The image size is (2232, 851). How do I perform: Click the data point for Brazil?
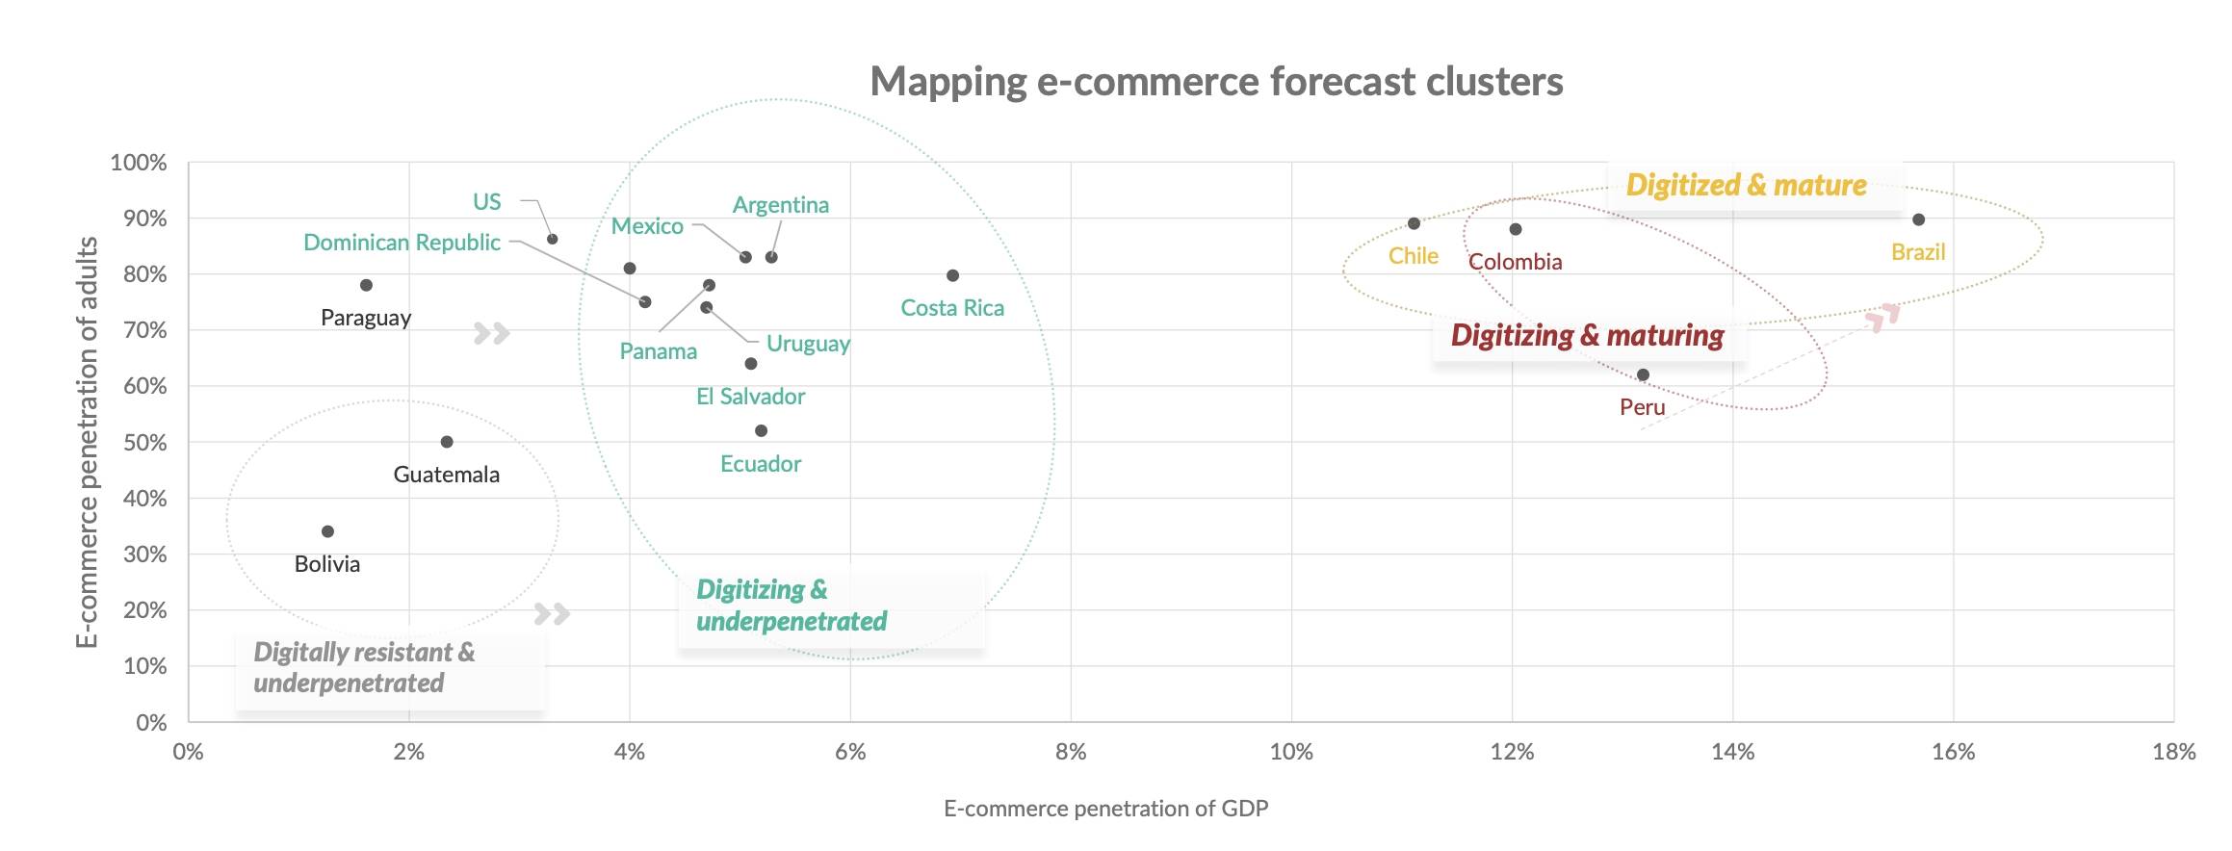point(1918,219)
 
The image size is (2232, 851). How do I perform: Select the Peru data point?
point(1643,374)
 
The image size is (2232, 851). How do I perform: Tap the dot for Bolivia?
point(327,531)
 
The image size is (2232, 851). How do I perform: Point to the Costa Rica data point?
point(952,275)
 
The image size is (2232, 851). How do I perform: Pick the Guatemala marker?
point(447,442)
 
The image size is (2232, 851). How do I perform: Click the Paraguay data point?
point(366,285)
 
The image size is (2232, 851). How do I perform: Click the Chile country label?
point(1413,256)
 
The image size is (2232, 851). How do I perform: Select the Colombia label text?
point(1515,262)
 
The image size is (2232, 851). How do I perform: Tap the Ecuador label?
point(761,464)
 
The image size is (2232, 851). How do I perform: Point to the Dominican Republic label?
point(402,243)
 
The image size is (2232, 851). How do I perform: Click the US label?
point(486,202)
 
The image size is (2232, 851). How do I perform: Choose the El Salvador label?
point(750,397)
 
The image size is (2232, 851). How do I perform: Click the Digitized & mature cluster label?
point(1746,185)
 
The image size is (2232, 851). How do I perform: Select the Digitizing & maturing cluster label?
point(1587,335)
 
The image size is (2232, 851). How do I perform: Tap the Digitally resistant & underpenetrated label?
point(364,667)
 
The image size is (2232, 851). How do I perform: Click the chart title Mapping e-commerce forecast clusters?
point(1216,82)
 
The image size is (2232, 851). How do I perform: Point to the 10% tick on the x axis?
point(1291,752)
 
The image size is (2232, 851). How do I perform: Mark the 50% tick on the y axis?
point(144,443)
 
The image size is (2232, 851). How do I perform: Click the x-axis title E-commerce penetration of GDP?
point(1105,809)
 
